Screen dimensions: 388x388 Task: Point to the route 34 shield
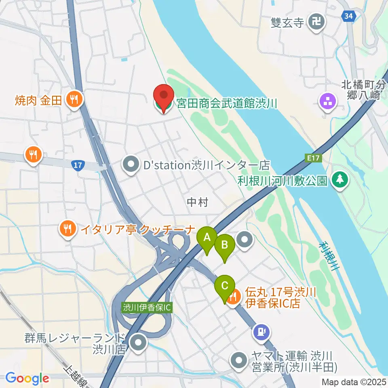click(348, 16)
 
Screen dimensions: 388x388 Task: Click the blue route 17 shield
click(77, 165)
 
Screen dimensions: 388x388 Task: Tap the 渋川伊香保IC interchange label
click(148, 308)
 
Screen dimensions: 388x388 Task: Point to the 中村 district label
click(198, 202)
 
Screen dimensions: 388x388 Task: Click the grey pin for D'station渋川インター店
click(131, 164)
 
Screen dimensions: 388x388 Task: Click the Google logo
click(27, 378)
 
